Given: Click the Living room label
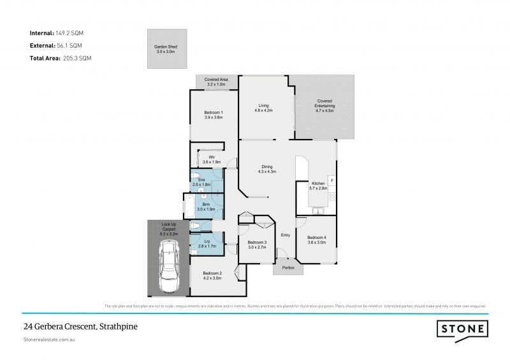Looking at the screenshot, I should point(263,108).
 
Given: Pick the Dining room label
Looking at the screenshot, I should point(266,169).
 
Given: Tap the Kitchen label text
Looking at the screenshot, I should point(317,186).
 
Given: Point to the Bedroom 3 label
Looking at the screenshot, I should point(256,244).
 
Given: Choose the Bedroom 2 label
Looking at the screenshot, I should point(212,275).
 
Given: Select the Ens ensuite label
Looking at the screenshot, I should point(201,182).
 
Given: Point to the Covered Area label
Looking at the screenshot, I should point(215,82).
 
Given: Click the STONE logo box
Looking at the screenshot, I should point(462,329).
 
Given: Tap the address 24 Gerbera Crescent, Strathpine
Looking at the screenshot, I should point(80,327).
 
